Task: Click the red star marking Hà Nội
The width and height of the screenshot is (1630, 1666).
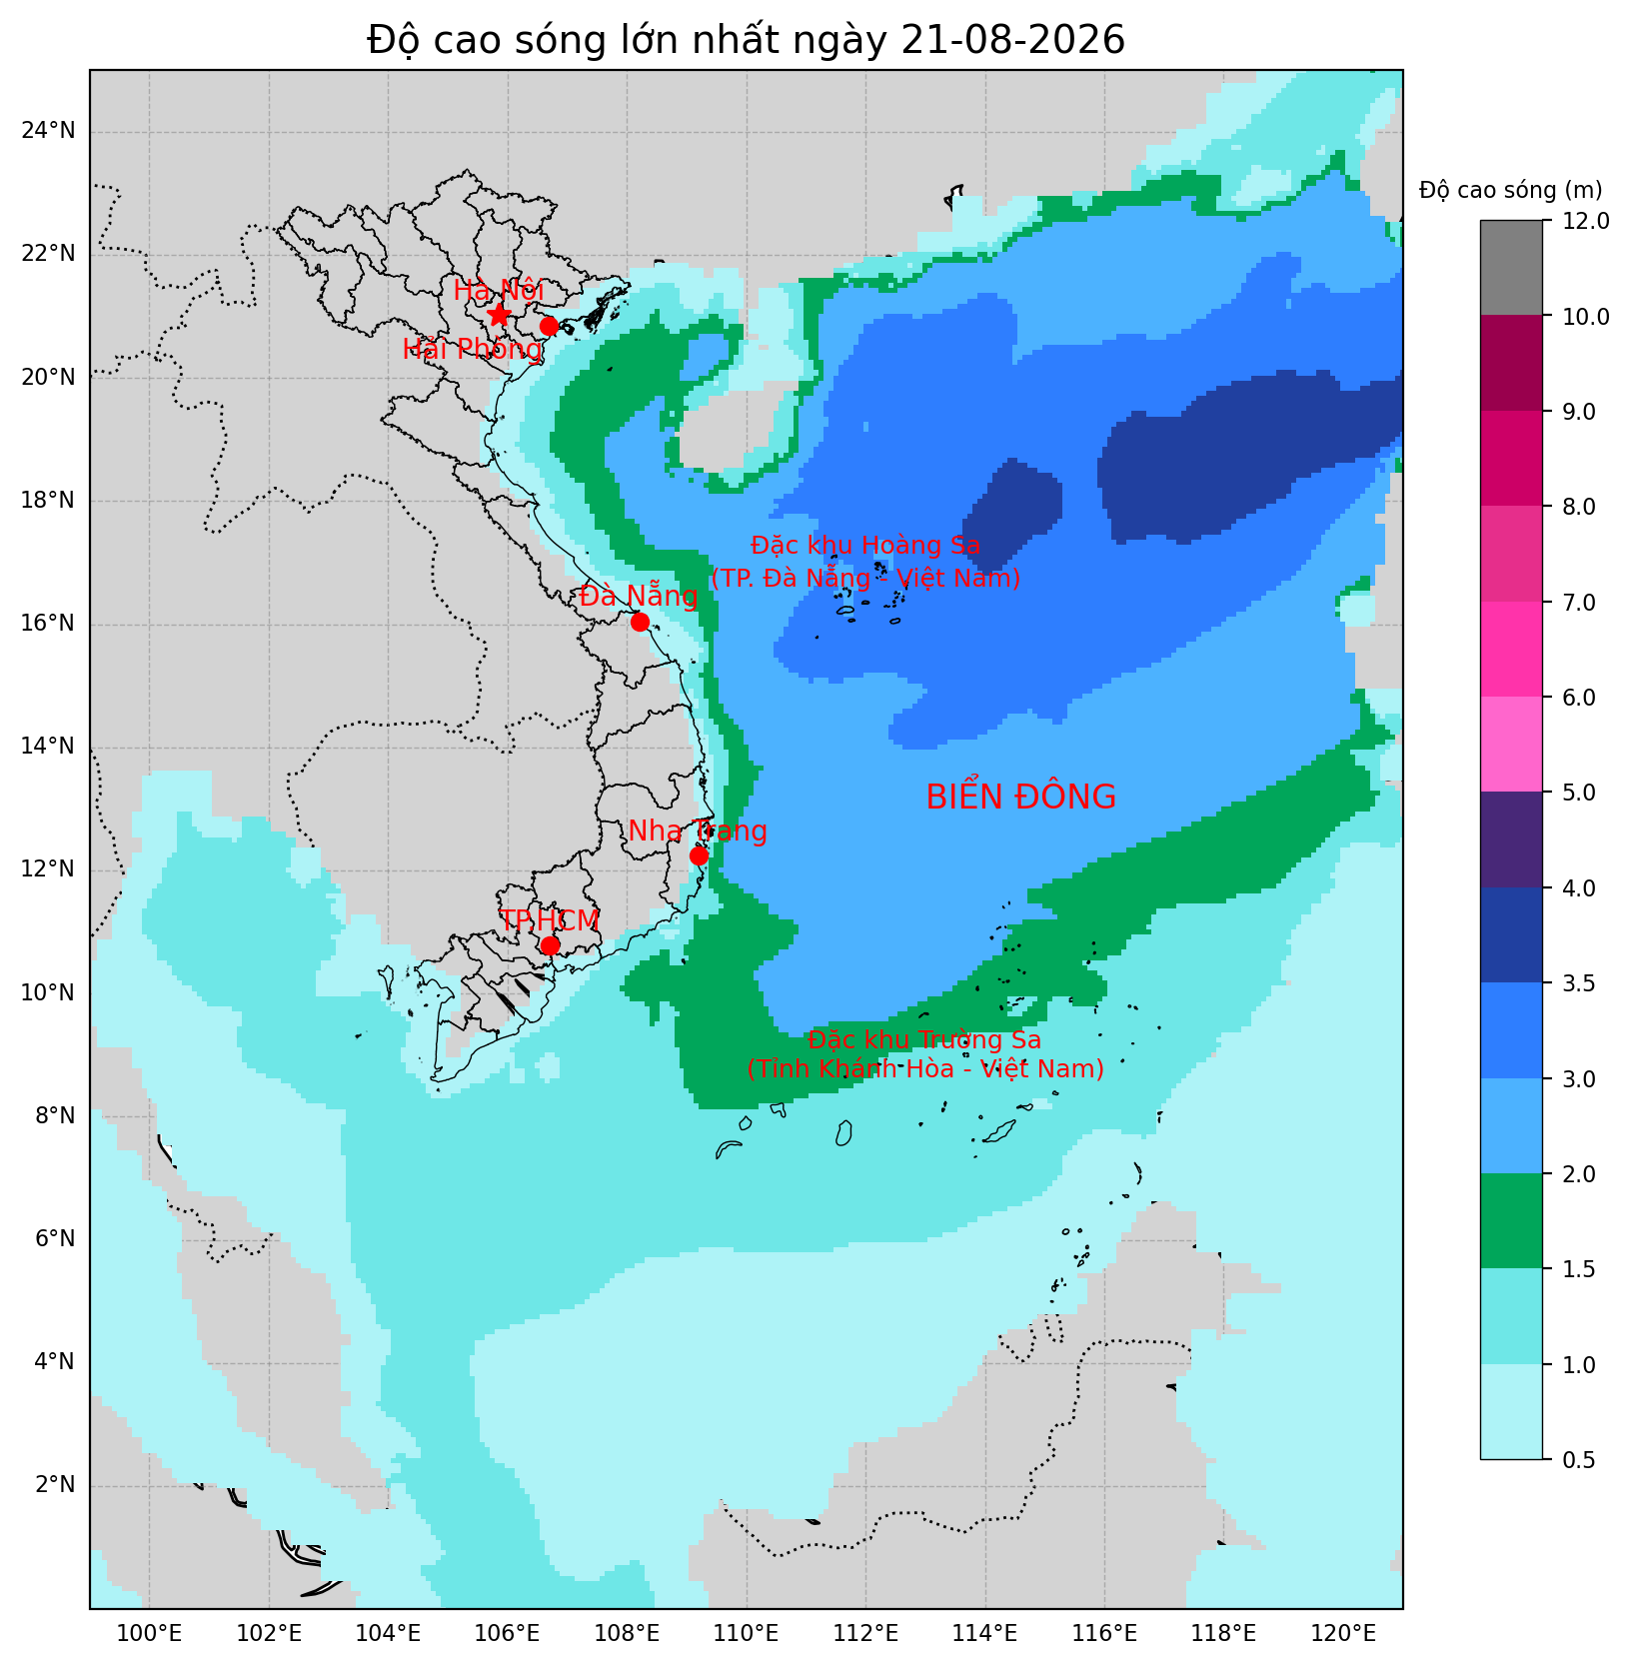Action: coord(499,315)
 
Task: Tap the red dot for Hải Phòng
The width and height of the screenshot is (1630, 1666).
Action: coord(549,327)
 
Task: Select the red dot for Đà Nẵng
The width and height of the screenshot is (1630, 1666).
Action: coord(641,622)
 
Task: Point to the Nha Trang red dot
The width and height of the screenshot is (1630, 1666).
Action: coord(700,855)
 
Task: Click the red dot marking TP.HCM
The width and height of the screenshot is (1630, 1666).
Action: coord(550,945)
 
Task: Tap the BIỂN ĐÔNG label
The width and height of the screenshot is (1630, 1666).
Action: coord(1020,798)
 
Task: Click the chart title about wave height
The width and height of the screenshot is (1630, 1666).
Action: coord(746,40)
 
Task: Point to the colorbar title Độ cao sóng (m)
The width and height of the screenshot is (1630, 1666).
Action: coord(1511,190)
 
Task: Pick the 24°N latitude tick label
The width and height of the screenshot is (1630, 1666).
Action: coord(49,131)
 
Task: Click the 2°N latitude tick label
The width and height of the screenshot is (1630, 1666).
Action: coord(55,1484)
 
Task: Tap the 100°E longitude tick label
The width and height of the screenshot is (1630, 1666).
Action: coord(150,1634)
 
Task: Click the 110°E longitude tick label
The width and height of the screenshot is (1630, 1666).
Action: coord(747,1634)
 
